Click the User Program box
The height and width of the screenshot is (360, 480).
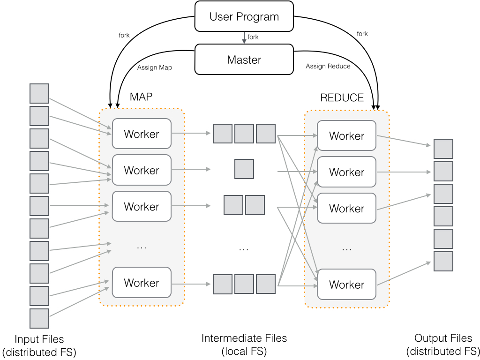244,17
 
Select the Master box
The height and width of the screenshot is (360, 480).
244,60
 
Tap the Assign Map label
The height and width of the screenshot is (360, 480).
154,67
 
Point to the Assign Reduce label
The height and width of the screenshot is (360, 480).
328,66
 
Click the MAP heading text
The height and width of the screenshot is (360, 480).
141,97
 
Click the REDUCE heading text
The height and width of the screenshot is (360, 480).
342,97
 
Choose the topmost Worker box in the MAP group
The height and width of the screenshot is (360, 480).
142,134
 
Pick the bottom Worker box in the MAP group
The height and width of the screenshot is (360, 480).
142,283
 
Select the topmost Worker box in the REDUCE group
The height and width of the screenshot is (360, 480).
346,136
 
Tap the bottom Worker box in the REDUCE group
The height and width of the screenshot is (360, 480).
346,285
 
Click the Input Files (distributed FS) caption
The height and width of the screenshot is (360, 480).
39,345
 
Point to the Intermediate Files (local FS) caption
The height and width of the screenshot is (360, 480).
244,345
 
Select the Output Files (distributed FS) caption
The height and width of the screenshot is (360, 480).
443,345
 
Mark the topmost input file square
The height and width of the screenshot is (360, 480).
39,93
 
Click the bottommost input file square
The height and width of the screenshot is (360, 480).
39,318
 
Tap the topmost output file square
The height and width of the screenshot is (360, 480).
443,149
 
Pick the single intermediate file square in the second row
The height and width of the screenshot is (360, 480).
244,169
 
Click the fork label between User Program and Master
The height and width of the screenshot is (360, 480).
253,37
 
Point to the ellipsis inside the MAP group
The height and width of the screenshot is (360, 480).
142,247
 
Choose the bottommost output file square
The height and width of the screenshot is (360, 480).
443,261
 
